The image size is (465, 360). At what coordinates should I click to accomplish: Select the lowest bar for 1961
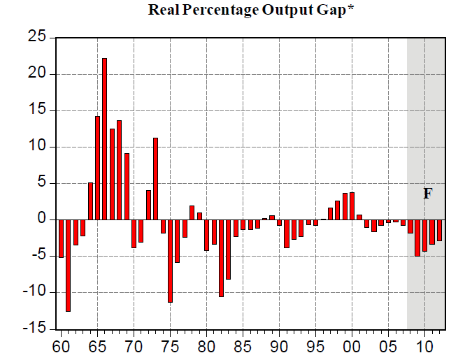[68, 265]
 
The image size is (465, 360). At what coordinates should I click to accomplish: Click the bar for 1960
[61, 238]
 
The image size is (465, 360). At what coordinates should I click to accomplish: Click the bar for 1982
[222, 258]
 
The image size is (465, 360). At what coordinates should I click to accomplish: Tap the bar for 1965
[97, 168]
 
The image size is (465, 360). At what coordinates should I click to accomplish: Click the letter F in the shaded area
[427, 194]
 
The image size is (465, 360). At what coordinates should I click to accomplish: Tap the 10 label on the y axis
[36, 147]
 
